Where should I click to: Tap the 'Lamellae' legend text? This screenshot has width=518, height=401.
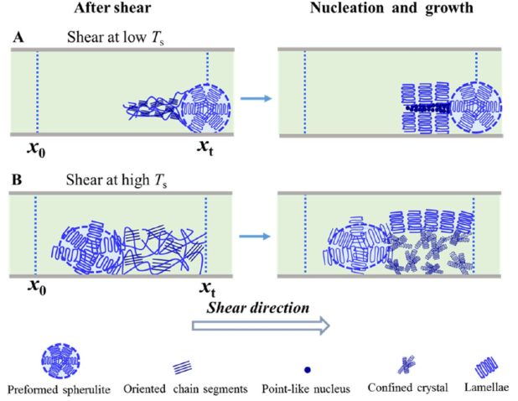487,389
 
